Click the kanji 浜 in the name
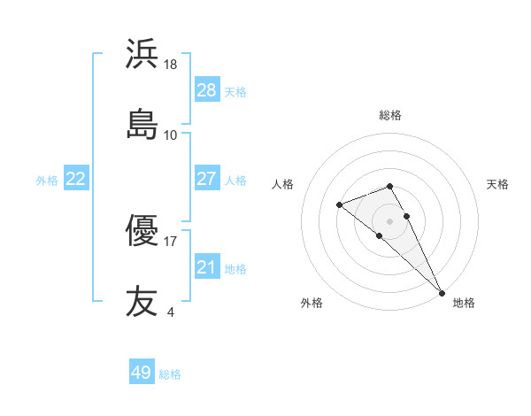point(142,54)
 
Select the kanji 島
point(142,123)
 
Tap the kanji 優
point(142,232)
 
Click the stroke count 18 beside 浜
point(172,65)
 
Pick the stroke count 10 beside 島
point(171,135)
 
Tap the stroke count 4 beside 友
point(170,312)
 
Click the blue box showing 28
point(207,89)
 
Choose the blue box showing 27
point(207,179)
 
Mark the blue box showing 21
point(207,267)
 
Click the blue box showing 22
point(76,179)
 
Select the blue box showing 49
point(142,373)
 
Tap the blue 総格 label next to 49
point(170,374)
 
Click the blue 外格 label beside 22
point(47,181)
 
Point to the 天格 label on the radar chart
point(497,184)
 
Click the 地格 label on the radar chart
point(464,303)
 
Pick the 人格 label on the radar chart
point(283,184)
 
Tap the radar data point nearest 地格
point(442,292)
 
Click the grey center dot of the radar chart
point(389,220)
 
